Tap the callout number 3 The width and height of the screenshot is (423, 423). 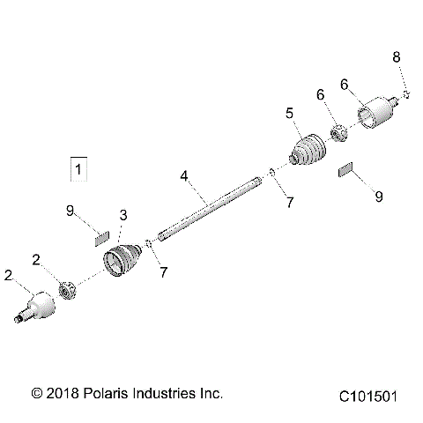coord(123,215)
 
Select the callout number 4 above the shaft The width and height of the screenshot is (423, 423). coord(184,176)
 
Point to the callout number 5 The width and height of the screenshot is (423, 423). coord(289,113)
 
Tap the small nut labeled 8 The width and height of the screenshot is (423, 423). coord(404,93)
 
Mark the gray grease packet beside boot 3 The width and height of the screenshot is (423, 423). coord(101,235)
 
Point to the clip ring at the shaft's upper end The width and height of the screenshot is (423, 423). coord(272,173)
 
